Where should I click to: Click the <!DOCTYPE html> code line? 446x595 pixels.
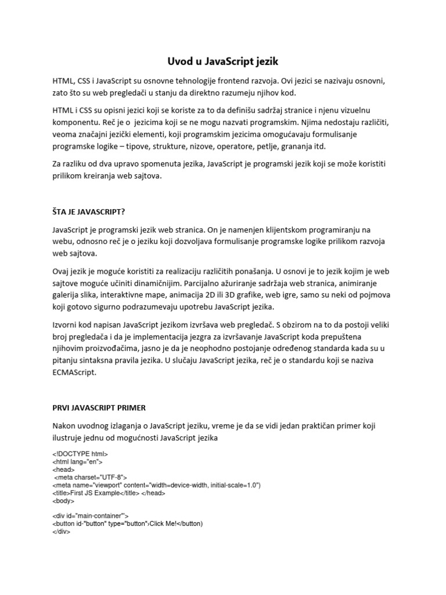tap(80, 454)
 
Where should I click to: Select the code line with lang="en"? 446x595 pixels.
tap(77, 462)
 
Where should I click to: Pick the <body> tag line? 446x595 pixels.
tap(63, 500)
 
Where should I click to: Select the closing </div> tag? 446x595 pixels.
tap(61, 531)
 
